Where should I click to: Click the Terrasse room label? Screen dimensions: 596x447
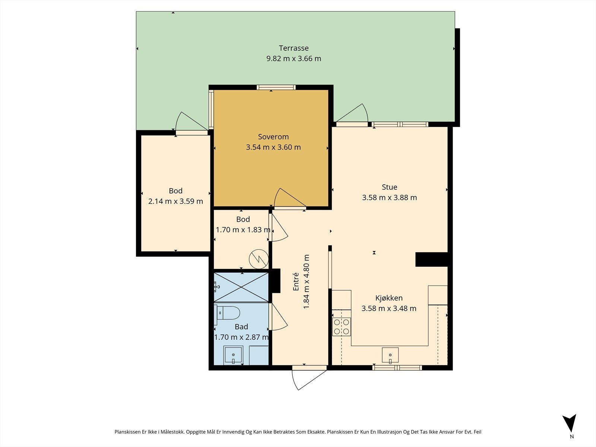pos(294,48)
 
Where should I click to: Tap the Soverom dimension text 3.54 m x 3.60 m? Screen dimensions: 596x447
pos(273,147)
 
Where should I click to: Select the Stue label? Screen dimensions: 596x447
pos(389,187)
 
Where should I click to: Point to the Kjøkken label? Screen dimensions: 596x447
pos(389,298)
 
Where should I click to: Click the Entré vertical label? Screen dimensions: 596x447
pos(296,282)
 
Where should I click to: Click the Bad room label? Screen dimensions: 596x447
pos(241,327)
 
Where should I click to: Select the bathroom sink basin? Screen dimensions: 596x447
pos(233,355)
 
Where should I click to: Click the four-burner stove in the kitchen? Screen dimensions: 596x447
pos(342,327)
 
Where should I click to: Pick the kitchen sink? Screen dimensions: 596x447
pos(390,355)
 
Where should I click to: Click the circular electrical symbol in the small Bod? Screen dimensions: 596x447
pos(259,259)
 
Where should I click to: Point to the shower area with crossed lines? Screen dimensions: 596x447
pos(241,287)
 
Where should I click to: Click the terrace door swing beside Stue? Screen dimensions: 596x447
pos(352,113)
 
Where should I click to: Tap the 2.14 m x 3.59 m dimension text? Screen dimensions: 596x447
pos(175,202)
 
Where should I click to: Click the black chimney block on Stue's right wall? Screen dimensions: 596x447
pos(431,260)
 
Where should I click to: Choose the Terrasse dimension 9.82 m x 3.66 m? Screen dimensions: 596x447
pos(294,58)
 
